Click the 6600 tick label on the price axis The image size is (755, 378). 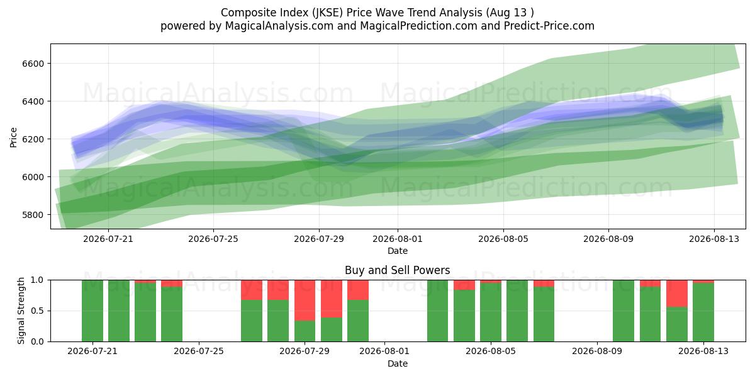33,64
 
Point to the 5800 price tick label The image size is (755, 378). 33,215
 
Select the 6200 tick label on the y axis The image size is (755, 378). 33,139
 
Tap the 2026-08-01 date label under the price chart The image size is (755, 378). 398,239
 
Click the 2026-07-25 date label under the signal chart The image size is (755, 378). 199,351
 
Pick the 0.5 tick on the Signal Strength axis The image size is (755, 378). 37,311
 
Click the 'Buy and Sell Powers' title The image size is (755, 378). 398,270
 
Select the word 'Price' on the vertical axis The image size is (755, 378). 13,137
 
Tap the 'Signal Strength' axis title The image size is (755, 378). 21,311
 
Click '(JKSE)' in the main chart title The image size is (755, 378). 328,13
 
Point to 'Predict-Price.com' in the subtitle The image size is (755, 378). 549,26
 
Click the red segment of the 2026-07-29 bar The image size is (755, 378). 305,300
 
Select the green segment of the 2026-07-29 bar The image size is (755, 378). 305,331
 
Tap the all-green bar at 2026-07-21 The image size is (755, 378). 92,311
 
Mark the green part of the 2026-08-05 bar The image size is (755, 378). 491,312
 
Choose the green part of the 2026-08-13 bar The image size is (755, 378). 703,312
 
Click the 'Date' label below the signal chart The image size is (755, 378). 398,364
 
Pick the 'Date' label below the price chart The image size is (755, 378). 398,251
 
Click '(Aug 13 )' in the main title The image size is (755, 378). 510,13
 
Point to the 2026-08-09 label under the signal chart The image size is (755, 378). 597,351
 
